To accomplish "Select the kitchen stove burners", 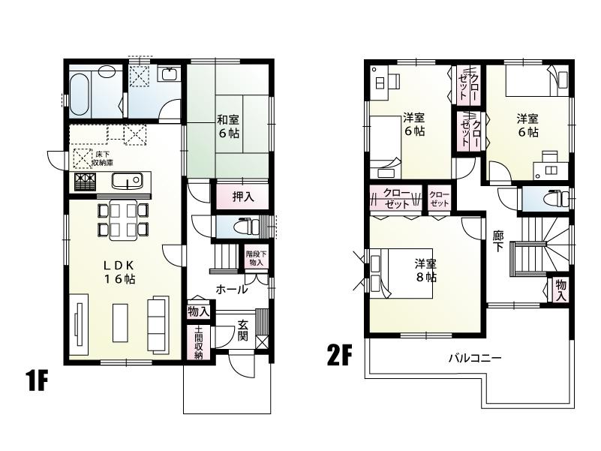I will (84, 182).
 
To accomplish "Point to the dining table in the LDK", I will (123, 220).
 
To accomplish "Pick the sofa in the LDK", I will (158, 324).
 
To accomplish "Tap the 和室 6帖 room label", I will (228, 126).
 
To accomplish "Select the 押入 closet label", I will (242, 197).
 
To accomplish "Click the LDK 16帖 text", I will (119, 272).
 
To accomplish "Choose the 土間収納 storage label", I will (199, 343).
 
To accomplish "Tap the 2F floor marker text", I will (338, 354).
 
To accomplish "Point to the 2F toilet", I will (554, 199).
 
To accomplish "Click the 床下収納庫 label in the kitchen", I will (103, 158).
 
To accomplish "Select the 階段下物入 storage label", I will (256, 258).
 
